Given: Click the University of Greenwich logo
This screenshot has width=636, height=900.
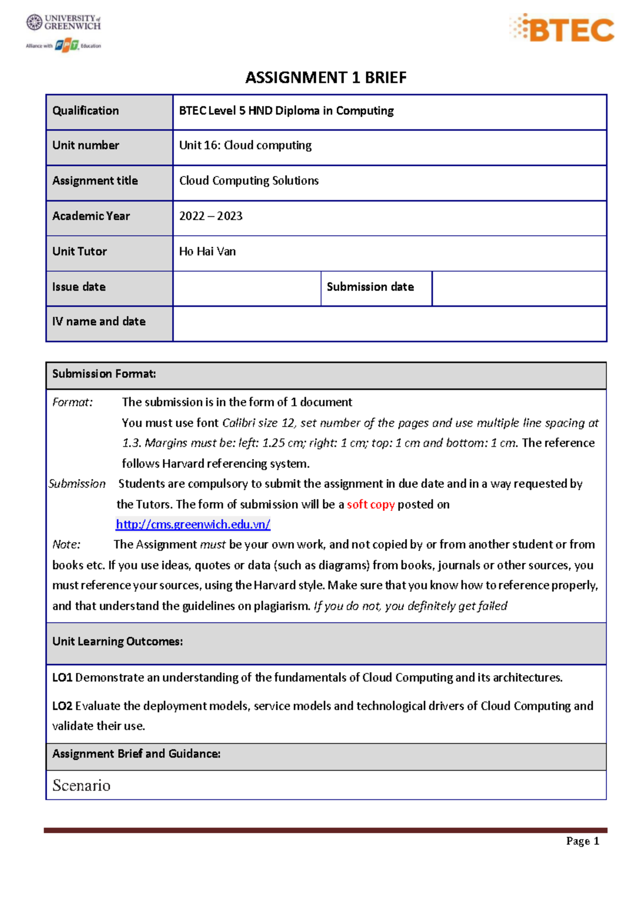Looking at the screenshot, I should (63, 22).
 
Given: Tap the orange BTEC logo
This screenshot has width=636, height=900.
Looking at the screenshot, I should (562, 29).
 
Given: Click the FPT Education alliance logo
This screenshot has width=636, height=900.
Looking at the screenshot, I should (64, 46).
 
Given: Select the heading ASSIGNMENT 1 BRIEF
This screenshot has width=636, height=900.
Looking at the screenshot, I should (325, 78).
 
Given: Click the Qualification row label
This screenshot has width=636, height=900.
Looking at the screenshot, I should (85, 111).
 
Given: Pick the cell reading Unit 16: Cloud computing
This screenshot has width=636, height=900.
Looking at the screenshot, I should (245, 145).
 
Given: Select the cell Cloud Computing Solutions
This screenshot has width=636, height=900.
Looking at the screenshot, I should (249, 181).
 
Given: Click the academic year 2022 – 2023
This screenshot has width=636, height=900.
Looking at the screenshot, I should (210, 216).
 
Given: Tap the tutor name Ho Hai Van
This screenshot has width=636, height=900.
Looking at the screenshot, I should (207, 252).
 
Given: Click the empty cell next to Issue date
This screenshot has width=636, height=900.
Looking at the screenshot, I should (246, 288).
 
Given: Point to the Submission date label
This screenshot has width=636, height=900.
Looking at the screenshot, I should (370, 287).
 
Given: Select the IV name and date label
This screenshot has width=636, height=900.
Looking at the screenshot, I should (99, 322).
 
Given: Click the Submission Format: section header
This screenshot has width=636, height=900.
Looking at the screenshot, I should (104, 374).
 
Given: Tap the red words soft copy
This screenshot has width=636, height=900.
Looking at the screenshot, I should (370, 505).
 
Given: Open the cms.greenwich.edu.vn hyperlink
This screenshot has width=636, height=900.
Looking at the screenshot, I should (193, 525).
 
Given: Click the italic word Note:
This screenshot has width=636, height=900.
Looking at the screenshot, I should (66, 545).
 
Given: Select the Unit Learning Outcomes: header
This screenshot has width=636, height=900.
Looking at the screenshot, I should (117, 642).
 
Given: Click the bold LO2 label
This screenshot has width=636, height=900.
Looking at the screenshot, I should (62, 706).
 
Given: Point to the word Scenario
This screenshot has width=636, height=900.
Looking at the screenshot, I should (81, 786).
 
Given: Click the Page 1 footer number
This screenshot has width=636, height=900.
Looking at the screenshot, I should (582, 841).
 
